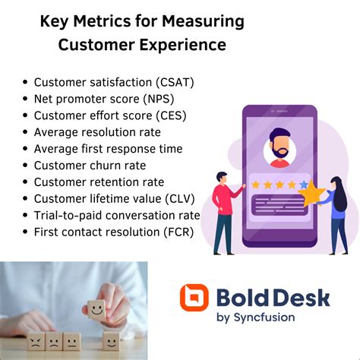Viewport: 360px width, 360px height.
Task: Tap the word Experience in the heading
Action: (185, 45)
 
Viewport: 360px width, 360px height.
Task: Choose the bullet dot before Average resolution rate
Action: (27, 133)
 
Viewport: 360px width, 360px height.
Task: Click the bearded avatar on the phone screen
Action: (279, 147)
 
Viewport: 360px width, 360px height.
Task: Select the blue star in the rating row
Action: (305, 184)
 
